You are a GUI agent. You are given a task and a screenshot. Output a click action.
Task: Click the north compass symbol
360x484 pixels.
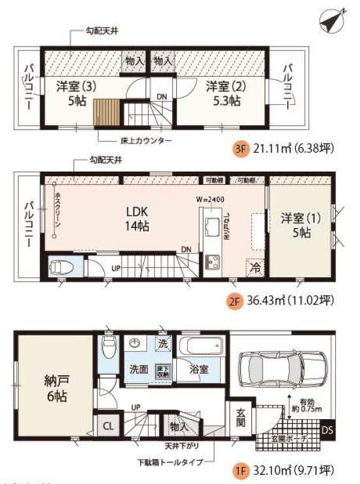[333, 20]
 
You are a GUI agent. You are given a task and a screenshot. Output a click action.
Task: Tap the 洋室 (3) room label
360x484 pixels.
[73, 93]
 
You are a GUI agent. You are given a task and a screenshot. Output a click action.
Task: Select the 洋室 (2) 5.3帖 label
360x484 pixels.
[223, 93]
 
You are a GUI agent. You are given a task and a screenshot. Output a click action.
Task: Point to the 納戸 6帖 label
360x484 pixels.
[55, 388]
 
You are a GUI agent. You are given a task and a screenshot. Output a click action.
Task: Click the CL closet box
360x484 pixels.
[108, 425]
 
